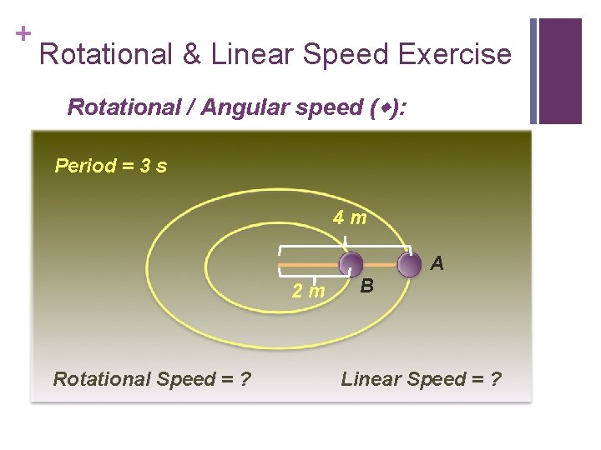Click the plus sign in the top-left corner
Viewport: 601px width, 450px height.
pos(23,33)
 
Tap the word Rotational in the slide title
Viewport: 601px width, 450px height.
pos(107,55)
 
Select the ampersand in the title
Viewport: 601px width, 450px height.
pos(191,55)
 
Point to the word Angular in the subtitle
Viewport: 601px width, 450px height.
pos(225,107)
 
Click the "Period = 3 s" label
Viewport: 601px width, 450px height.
pos(110,166)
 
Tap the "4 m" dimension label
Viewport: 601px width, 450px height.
pos(350,218)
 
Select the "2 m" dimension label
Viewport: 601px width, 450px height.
pos(308,291)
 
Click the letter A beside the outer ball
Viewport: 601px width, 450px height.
pos(437,264)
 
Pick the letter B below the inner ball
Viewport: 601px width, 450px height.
pos(366,287)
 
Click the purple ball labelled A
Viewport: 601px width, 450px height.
pos(409,265)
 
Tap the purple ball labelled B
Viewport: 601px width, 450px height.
pos(351,265)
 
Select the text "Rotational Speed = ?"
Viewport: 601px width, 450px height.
pos(152,379)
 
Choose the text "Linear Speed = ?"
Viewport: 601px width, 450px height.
pos(422,379)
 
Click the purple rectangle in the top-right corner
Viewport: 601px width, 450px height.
pos(560,71)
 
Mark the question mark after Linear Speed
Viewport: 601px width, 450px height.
pos(496,379)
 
